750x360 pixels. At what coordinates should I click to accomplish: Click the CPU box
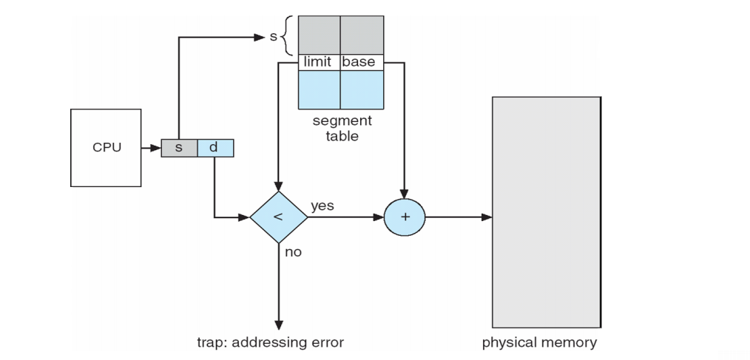[106, 147]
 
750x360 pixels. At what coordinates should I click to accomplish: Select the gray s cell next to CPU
[179, 148]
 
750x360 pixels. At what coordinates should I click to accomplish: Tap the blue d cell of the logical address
[214, 148]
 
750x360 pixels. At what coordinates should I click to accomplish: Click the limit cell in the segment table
[318, 62]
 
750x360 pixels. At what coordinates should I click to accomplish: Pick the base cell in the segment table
[361, 62]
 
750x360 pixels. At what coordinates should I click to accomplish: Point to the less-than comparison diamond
[278, 217]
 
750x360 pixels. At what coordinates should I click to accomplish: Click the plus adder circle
[405, 217]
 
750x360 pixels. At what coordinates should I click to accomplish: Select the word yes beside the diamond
[322, 206]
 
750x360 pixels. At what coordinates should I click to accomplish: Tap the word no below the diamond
[293, 252]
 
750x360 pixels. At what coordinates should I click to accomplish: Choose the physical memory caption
[539, 342]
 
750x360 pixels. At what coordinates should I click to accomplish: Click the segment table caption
[341, 128]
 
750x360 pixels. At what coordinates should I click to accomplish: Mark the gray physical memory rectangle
[546, 212]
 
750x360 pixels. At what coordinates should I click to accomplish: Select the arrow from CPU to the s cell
[152, 148]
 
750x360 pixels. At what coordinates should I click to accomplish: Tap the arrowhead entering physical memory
[487, 217]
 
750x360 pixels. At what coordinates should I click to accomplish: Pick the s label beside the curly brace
[273, 35]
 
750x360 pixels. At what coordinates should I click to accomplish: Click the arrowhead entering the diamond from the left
[244, 217]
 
